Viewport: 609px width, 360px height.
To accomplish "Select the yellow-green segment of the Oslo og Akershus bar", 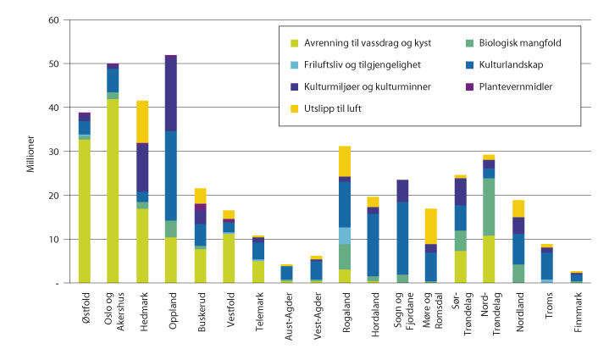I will pyautogui.click(x=113, y=191).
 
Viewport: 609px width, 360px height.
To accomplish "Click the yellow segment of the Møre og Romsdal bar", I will pyautogui.click(x=431, y=226).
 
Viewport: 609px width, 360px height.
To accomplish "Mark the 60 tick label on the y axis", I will pyautogui.click(x=54, y=19).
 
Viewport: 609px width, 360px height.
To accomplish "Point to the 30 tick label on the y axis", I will pyautogui.click(x=54, y=152).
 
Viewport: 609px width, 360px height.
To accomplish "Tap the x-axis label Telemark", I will pyautogui.click(x=258, y=312).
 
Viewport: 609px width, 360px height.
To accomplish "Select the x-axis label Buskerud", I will pyautogui.click(x=200, y=312).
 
